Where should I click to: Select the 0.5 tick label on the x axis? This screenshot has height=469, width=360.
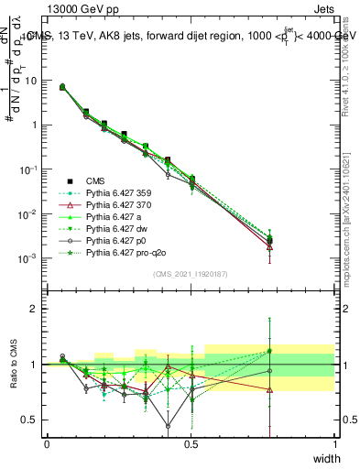191,442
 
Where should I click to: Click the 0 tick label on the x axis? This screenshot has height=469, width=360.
47,442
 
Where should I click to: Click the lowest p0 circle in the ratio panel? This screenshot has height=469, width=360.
168,426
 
